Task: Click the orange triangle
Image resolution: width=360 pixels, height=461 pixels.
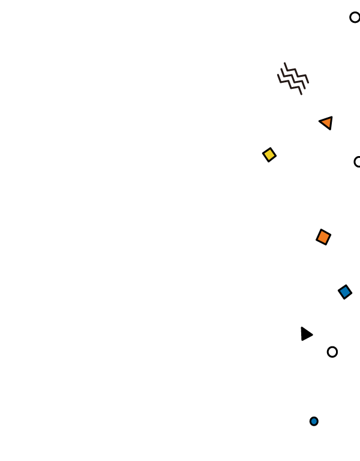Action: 327,122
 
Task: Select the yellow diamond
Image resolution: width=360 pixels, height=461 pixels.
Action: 269,155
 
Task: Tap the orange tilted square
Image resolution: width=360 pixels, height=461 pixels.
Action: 323,237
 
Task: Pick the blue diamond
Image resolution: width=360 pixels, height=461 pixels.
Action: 345,292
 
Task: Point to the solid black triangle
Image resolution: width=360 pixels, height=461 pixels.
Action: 305,334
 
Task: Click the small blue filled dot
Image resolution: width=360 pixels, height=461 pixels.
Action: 314,421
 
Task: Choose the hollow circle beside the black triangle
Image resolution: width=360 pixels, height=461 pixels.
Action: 332,352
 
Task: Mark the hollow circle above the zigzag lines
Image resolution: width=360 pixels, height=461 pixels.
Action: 355,17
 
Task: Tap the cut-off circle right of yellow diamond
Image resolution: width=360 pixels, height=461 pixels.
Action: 358,161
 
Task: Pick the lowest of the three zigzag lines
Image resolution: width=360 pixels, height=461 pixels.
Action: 290,85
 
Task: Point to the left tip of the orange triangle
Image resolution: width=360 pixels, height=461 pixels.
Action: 319,122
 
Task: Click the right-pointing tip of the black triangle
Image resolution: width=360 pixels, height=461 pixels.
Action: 313,334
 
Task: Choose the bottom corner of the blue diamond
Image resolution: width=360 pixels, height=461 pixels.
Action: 343,299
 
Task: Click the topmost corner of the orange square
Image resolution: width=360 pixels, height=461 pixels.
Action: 322,229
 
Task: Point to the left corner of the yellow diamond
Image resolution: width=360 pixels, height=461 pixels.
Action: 263,154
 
